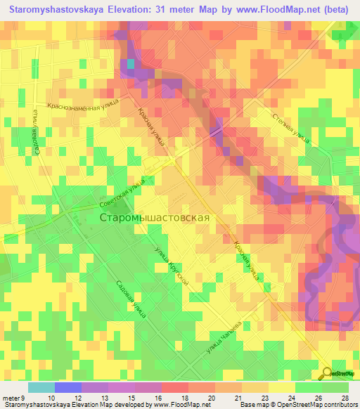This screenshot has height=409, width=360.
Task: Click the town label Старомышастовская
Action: (x=155, y=218)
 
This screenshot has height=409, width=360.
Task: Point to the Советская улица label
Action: (x=122, y=190)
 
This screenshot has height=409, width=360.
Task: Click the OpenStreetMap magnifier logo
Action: (x=327, y=373)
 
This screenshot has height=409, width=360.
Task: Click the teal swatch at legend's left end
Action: (x=41, y=387)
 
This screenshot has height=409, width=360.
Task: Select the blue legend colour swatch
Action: (x=67, y=387)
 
